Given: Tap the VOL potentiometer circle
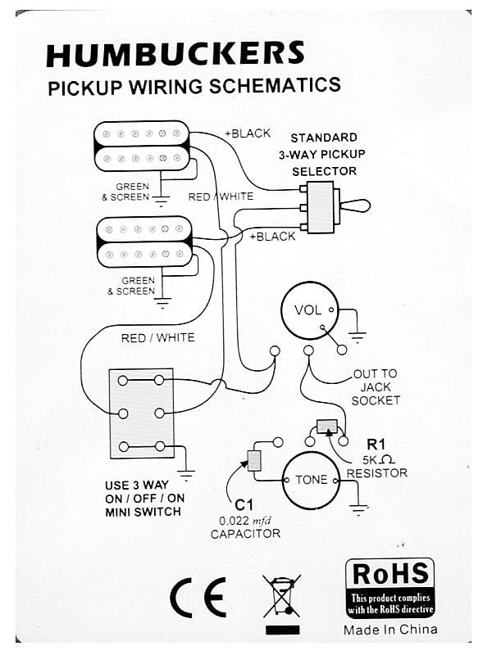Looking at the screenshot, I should pos(308,310).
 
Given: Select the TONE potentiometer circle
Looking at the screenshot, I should pos(311,480).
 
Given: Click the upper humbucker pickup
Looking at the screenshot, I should pos(142,146).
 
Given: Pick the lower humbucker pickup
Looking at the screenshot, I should pos(143,242).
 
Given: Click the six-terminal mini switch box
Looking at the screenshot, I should pos(141,413).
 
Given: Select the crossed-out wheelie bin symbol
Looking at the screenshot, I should pos(281,597).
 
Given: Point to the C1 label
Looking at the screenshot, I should pos(244,505).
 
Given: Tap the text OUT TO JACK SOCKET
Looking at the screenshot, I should pos(376,387).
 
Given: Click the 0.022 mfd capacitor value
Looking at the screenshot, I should pos(245,520).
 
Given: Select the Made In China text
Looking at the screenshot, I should pos(390,629).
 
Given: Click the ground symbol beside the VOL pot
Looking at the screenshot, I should pos(358,333).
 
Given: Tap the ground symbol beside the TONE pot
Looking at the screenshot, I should pos(358,507).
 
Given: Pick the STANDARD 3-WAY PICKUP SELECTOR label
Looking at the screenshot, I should pos(324,154).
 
